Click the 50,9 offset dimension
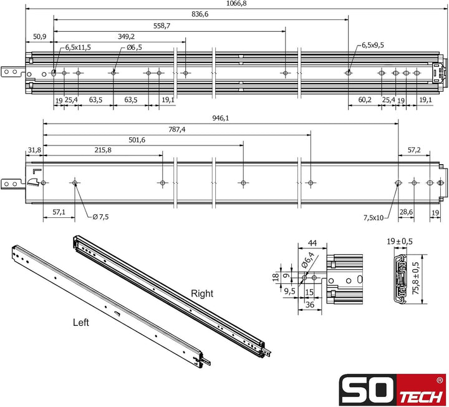(40, 37)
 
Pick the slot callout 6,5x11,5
(79, 47)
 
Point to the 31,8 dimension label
(34, 150)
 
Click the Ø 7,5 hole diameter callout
(100, 217)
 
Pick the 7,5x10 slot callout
(375, 217)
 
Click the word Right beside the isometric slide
(202, 293)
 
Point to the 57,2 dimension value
(414, 150)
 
